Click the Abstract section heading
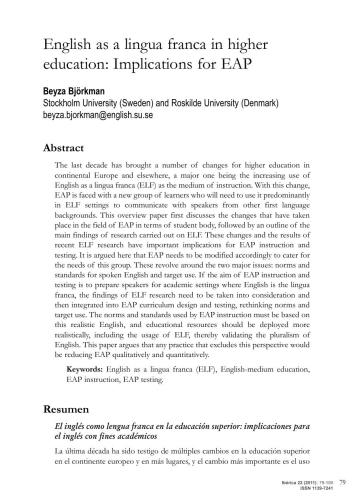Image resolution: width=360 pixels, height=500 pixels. click(x=64, y=145)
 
